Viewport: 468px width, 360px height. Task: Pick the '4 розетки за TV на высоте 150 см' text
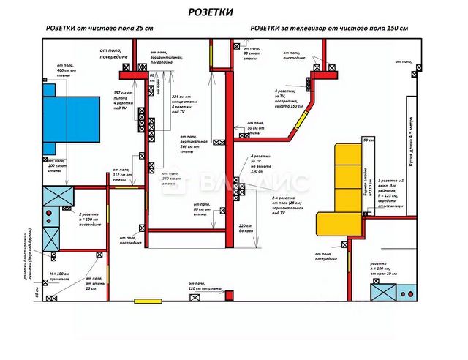point(262,165)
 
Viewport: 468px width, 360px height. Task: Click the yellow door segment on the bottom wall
point(148,300)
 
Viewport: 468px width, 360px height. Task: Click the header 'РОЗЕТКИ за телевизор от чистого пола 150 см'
point(328,28)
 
